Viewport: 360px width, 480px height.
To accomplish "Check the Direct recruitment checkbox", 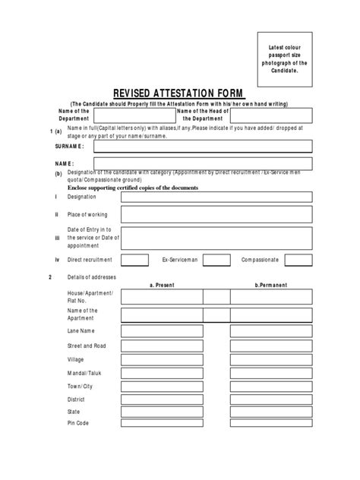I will (134, 260).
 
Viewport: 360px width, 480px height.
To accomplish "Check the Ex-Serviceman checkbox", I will (216, 260).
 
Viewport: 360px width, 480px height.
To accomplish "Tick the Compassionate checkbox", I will (297, 260).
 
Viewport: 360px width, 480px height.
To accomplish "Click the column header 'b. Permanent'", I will (270, 285).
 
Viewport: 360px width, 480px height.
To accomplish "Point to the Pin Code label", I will (78, 423).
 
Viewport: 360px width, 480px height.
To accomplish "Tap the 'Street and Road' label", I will (87, 345).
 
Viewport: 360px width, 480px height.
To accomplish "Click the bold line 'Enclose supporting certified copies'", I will (133, 187).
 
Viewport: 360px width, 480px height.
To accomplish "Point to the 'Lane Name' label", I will (81, 331).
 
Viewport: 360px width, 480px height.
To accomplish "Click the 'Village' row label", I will (77, 358).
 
